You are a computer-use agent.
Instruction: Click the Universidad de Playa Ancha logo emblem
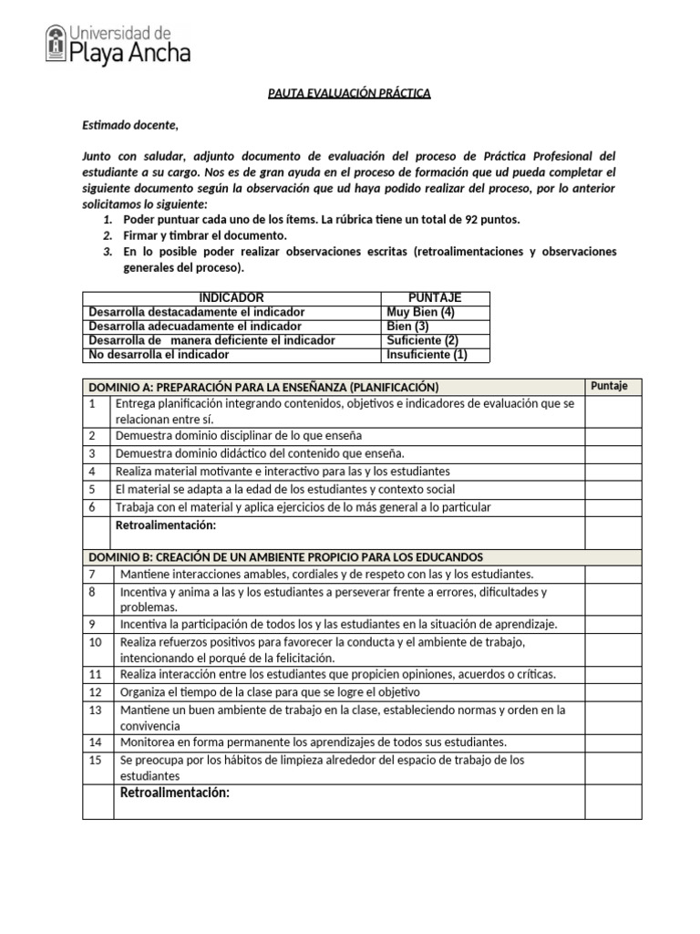point(56,43)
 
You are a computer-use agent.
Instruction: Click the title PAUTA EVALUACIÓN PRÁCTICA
point(348,93)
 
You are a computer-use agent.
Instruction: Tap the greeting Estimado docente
point(130,125)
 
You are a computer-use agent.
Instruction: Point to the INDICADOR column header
point(232,298)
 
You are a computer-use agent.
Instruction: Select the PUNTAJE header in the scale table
point(435,298)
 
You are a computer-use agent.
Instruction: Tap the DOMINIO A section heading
point(263,387)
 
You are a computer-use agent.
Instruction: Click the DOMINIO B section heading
point(285,556)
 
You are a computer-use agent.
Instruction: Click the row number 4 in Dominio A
point(92,472)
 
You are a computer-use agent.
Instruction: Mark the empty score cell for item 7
point(612,574)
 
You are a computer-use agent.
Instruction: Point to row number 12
point(96,692)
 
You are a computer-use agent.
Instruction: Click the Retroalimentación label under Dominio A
point(165,525)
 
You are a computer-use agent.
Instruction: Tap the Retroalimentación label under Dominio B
point(174,793)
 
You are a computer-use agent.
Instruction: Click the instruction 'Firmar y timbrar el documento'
point(204,235)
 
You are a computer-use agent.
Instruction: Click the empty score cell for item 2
point(612,436)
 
